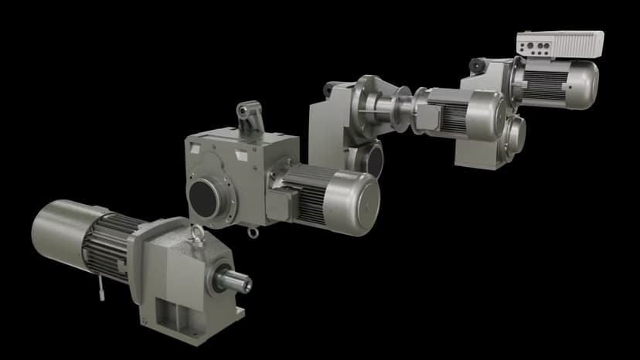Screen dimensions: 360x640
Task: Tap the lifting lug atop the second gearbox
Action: point(247,116)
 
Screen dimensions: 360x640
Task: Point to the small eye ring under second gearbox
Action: point(251,232)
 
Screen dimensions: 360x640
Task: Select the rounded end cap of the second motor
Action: point(356,203)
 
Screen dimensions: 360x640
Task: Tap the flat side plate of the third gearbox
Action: point(329,124)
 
